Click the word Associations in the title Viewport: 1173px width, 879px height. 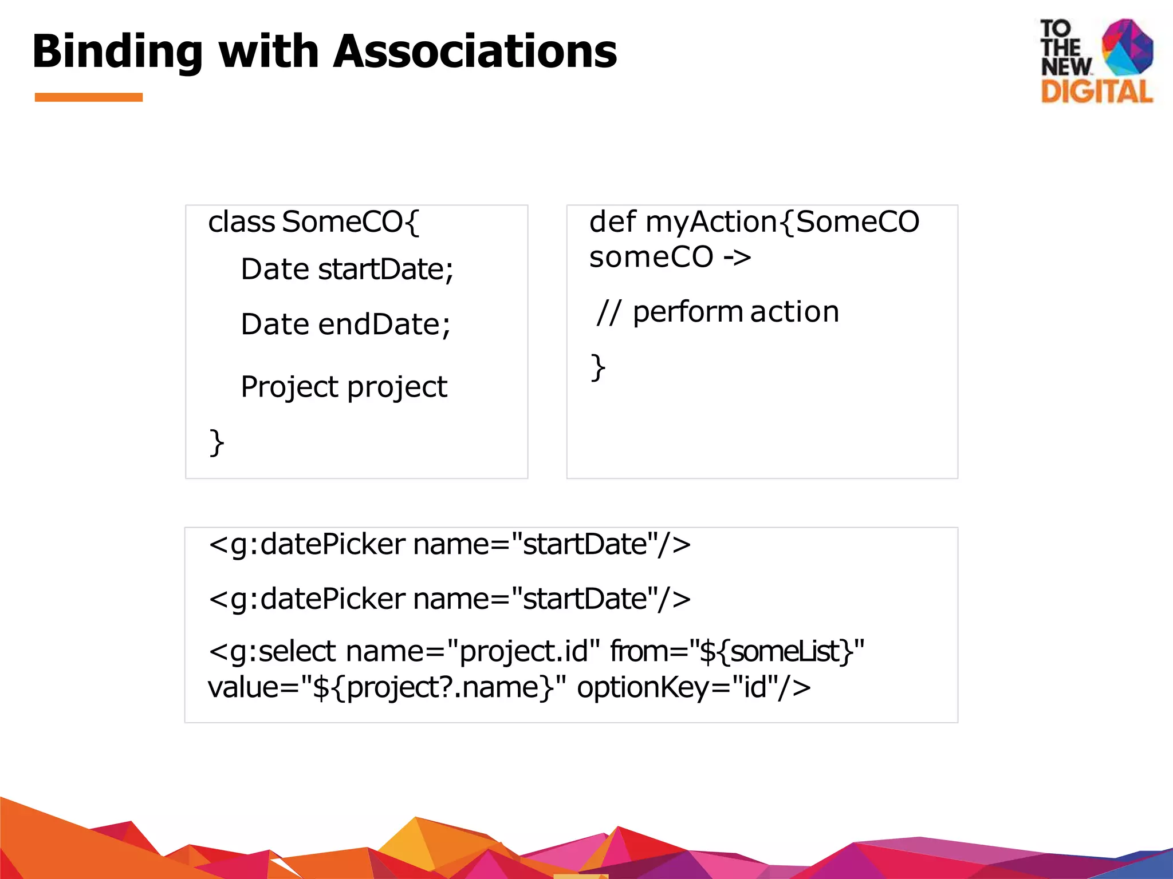click(475, 52)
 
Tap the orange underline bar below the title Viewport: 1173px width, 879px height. click(89, 97)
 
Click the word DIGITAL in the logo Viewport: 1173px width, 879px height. click(1096, 92)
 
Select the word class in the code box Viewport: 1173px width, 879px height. click(241, 222)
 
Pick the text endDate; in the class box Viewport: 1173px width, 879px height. click(384, 324)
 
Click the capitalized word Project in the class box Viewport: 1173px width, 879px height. click(290, 387)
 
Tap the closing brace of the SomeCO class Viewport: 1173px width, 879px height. click(217, 442)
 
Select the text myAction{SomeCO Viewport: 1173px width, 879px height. click(782, 222)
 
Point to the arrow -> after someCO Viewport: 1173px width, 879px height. click(737, 258)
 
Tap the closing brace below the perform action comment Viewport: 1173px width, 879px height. click(598, 367)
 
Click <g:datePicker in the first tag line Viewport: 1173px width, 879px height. click(307, 544)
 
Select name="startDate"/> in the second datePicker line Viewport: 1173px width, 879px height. click(552, 599)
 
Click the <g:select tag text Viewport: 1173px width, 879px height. click(272, 652)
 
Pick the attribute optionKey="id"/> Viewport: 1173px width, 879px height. click(694, 687)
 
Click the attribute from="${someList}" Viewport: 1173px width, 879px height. click(737, 652)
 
